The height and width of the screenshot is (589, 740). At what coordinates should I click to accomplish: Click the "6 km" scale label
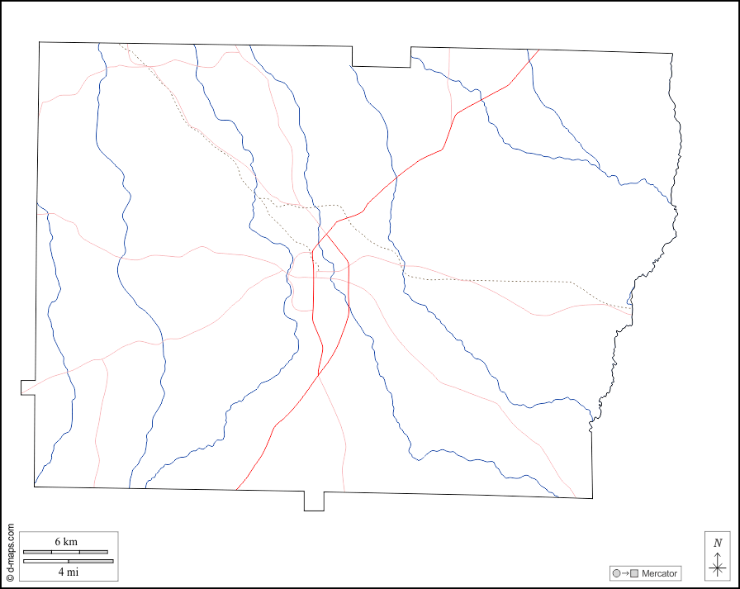pos(66,541)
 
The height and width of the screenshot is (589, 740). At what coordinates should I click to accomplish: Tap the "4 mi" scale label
pos(68,571)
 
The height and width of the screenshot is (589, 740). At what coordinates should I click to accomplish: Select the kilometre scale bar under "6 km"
pos(65,551)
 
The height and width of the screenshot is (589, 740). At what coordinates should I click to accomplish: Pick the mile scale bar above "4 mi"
pos(68,561)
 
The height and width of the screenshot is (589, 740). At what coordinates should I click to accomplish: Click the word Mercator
pos(659,573)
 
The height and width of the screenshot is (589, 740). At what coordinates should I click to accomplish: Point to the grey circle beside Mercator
pos(616,573)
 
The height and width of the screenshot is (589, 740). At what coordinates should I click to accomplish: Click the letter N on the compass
pos(718,543)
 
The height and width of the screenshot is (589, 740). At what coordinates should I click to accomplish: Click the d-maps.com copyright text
pos(10,553)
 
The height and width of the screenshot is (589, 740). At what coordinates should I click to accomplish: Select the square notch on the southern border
pos(314,501)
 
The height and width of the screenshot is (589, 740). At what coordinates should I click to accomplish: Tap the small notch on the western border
pos(28,387)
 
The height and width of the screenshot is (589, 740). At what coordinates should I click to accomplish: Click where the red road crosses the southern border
pos(235,490)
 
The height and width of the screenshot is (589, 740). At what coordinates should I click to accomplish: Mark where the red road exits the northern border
pos(539,50)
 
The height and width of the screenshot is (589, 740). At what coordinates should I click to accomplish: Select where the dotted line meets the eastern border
pos(632,310)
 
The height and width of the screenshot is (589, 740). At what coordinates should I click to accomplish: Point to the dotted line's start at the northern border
pos(120,44)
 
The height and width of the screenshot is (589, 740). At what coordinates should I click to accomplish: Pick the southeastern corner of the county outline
pos(592,498)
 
